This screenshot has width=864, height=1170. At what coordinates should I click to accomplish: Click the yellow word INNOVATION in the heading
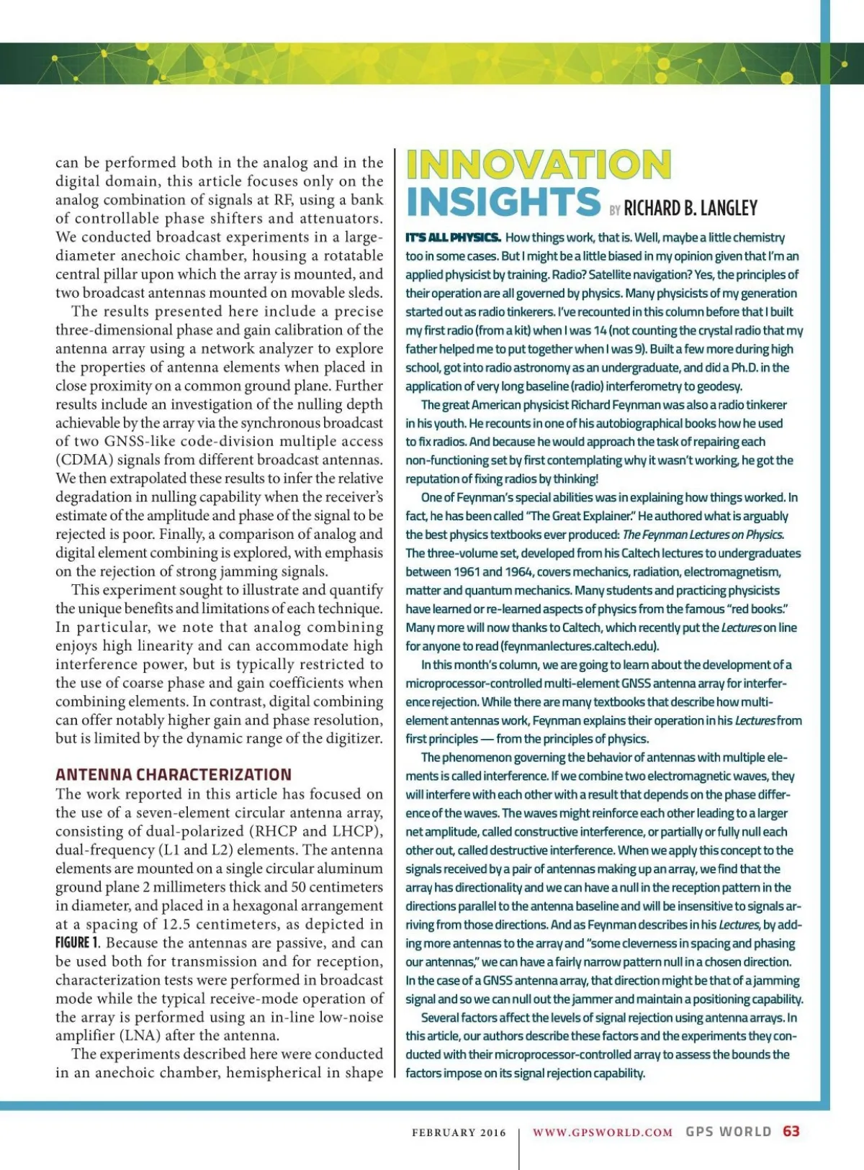point(539,165)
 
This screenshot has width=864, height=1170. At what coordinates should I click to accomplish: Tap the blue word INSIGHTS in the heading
point(503,201)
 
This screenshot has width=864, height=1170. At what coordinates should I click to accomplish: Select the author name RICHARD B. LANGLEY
point(690,209)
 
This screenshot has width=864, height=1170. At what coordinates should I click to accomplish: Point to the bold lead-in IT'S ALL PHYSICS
point(453,237)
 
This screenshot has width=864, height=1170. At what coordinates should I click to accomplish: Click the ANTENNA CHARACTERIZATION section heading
point(174,775)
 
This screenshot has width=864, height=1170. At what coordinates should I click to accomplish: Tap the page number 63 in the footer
point(791,1131)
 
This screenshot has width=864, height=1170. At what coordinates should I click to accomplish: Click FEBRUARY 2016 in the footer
point(459,1133)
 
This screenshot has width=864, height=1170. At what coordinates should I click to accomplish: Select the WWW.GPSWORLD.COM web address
point(603,1133)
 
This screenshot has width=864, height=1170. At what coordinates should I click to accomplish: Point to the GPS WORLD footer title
point(728,1132)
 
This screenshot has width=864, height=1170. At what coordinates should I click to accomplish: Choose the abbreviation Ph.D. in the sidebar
point(748,368)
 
